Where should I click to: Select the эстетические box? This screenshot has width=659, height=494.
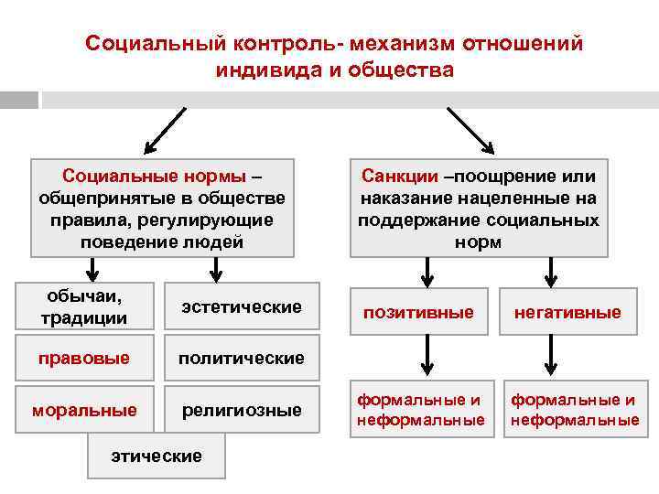pos(242,306)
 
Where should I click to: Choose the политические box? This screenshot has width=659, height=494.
pos(242,358)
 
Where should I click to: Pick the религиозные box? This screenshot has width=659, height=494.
pos(242,410)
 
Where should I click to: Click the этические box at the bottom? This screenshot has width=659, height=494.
pos(156,456)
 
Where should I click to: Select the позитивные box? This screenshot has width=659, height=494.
pos(418,312)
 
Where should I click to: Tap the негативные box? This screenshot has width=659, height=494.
pos(567,312)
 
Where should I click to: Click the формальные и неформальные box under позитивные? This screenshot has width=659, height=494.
pos(420,410)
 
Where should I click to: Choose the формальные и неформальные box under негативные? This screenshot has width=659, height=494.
pos(574,410)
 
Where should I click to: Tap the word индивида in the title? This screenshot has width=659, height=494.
pos(259,70)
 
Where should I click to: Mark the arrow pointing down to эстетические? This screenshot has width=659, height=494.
pos(216,269)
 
